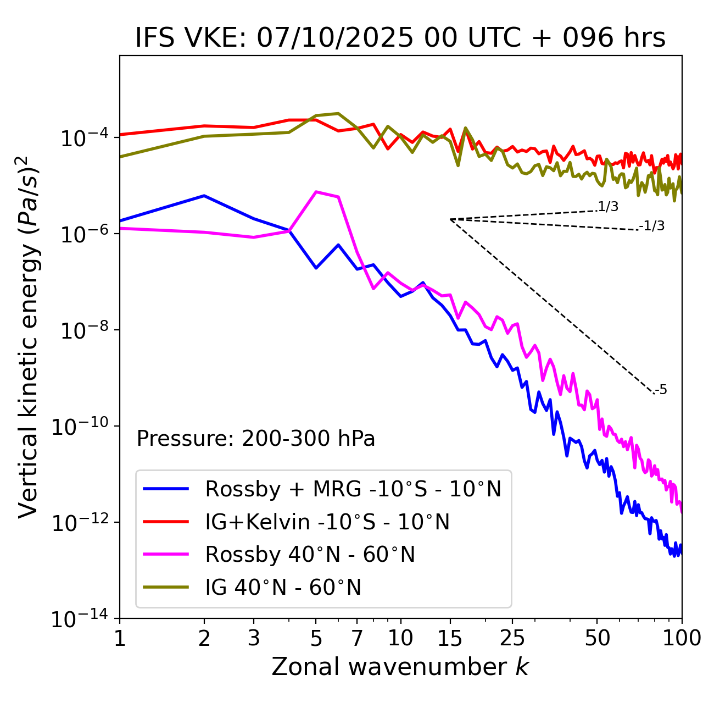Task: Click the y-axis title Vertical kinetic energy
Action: (x=29, y=337)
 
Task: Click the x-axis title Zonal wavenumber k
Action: (x=400, y=667)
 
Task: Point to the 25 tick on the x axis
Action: (x=512, y=638)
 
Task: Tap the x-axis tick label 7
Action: (x=357, y=638)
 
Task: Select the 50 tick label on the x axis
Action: (x=597, y=638)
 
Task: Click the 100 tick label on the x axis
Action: (x=682, y=638)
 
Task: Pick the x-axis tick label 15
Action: (x=450, y=638)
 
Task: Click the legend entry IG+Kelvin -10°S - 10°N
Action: (x=327, y=522)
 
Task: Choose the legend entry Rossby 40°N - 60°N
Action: (x=310, y=555)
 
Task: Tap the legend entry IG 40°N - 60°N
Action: (x=283, y=588)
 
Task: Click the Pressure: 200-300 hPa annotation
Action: (x=256, y=439)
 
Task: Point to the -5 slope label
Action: (x=661, y=390)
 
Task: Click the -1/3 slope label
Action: (x=652, y=226)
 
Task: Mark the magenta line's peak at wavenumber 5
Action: (x=316, y=192)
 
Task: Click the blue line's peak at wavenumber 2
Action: (x=204, y=196)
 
